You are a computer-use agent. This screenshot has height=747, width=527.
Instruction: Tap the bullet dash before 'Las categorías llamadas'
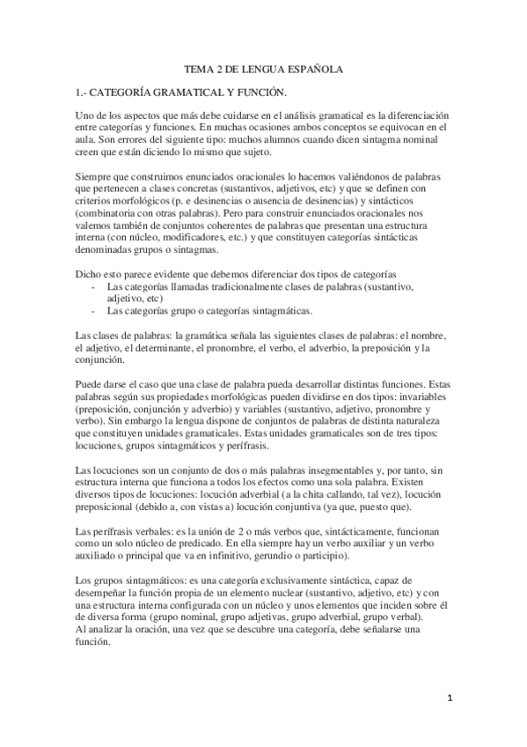pos(94,288)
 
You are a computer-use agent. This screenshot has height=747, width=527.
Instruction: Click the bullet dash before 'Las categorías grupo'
pos(94,312)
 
